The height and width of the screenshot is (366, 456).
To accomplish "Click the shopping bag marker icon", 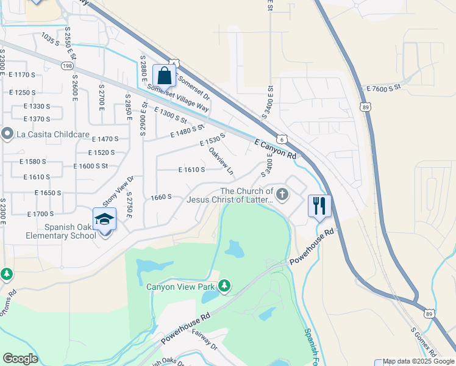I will pyautogui.click(x=165, y=76).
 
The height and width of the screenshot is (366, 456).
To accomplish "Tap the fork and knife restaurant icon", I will pyautogui.click(x=319, y=206).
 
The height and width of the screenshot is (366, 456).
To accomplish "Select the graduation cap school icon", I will pyautogui.click(x=105, y=219).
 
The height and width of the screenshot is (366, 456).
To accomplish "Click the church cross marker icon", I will pyautogui.click(x=282, y=195).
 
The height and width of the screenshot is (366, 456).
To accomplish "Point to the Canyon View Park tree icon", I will pyautogui.click(x=225, y=285).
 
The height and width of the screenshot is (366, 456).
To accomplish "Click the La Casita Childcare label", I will pyautogui.click(x=48, y=134).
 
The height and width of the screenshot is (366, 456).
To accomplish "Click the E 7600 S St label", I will pyautogui.click(x=383, y=88).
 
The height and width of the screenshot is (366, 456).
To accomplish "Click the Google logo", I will pyautogui.click(x=20, y=358).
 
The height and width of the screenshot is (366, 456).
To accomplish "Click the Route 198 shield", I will pyautogui.click(x=67, y=65).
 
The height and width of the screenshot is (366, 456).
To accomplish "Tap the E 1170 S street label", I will pyautogui.click(x=23, y=74).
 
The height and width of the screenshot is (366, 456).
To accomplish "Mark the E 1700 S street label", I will pyautogui.click(x=41, y=213).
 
